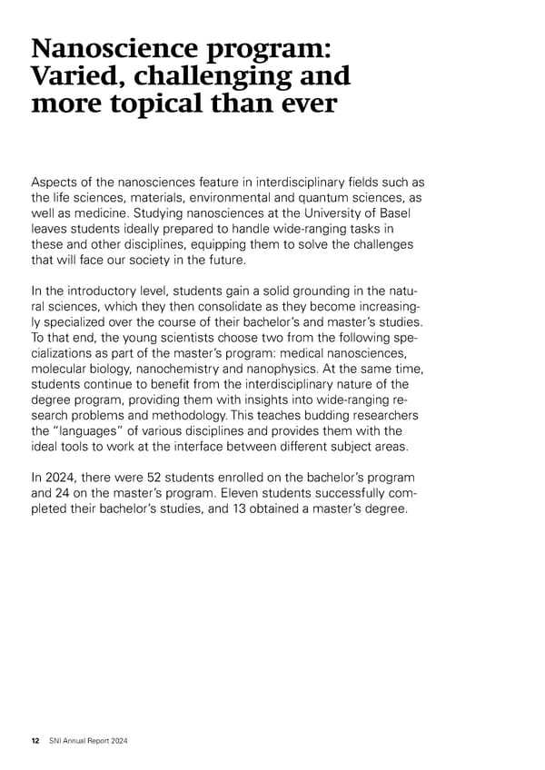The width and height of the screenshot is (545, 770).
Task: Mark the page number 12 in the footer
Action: [35, 741]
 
